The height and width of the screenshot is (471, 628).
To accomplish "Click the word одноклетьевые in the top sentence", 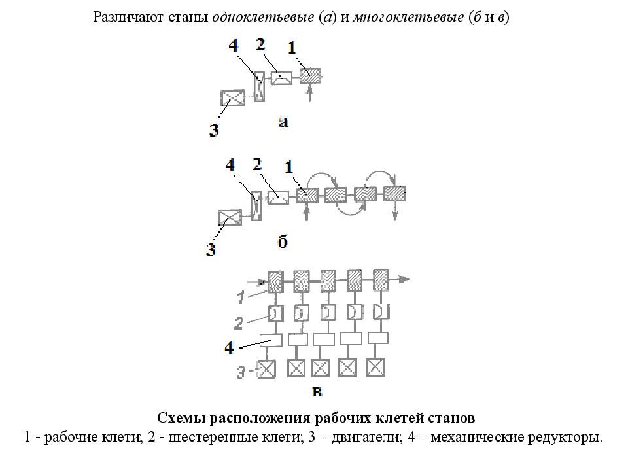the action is (263, 17).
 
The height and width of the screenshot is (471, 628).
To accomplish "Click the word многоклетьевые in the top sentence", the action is (408, 17).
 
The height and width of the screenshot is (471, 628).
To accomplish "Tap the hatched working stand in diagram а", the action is (310, 75).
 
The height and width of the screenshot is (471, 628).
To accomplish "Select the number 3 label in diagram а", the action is (214, 130).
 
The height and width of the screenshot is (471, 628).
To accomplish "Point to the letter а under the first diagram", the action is (283, 122).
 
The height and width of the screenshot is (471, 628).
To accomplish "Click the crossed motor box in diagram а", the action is (232, 97).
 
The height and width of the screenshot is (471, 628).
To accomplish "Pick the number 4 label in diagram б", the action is (230, 165).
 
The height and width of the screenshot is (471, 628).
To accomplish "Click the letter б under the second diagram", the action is (283, 241).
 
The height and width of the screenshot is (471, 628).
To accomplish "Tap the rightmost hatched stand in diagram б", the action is (395, 194).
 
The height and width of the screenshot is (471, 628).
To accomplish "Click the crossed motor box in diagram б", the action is (230, 217).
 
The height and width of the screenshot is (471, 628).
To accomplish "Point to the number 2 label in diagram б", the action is (257, 164).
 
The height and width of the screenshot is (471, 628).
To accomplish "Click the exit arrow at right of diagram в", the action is (399, 279).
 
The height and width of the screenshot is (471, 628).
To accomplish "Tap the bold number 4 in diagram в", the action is (229, 347).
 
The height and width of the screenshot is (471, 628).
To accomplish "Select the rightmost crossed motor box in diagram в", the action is (375, 367).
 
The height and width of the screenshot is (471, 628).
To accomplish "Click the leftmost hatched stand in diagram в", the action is (275, 281).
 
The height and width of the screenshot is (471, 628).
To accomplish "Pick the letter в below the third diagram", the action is (317, 392).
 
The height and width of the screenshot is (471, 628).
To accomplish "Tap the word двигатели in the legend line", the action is (366, 436).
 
